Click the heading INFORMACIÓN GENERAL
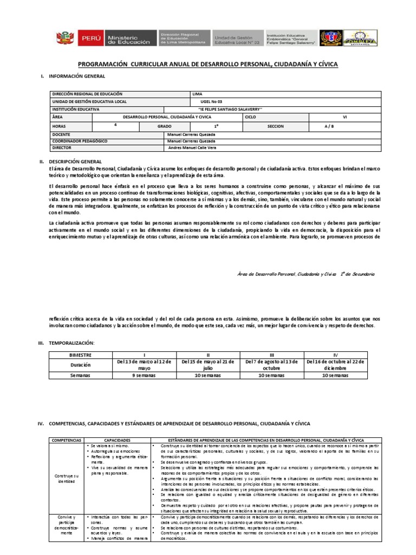[x=73, y=76]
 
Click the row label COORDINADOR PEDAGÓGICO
[x=80, y=140]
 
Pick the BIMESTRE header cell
[x=81, y=354]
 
